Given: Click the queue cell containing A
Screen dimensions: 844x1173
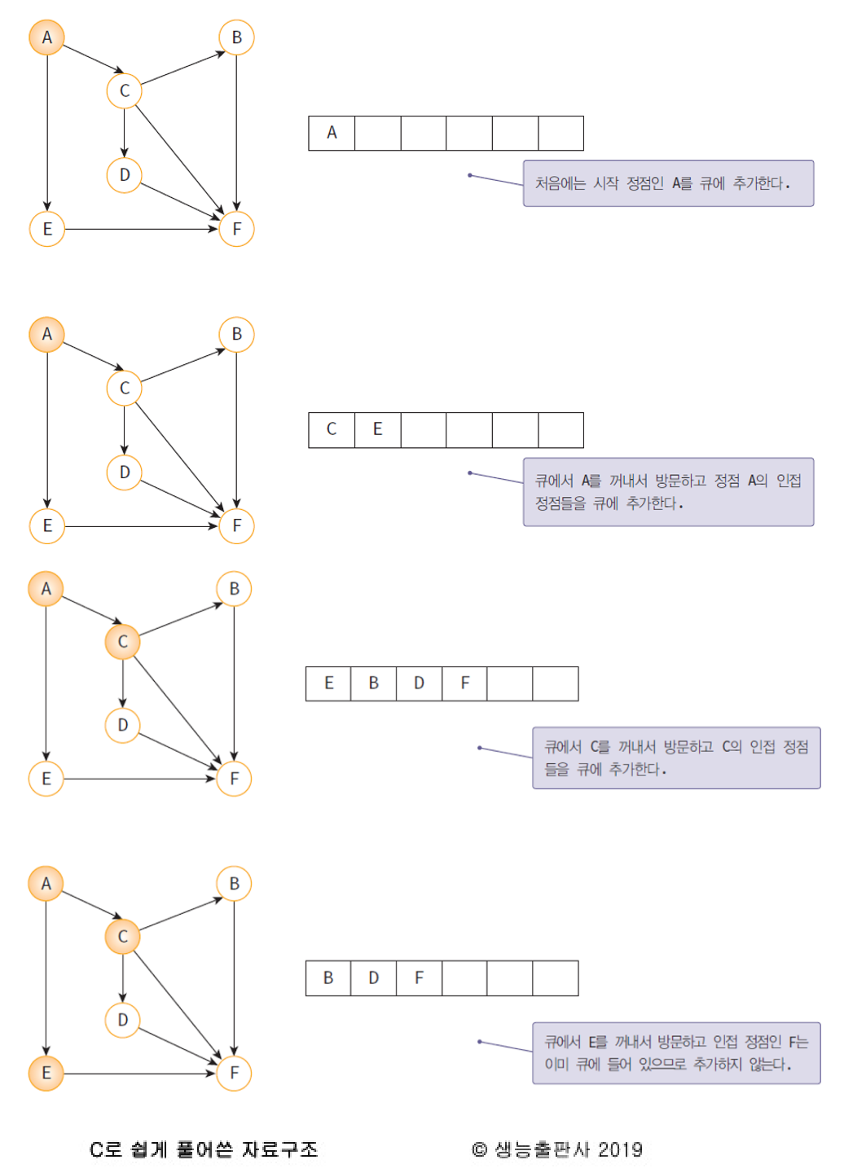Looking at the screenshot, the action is [332, 133].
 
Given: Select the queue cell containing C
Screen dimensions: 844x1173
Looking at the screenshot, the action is [332, 429].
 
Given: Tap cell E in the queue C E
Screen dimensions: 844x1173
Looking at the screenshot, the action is [377, 429].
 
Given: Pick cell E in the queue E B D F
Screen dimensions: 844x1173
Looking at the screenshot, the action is [328, 683].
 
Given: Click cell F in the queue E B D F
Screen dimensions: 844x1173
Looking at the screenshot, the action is [464, 683].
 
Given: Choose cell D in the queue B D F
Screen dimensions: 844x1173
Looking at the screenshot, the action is [373, 977].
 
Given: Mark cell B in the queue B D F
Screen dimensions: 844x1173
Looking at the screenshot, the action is [328, 977].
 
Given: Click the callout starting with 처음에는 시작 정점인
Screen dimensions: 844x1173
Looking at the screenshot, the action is [668, 183].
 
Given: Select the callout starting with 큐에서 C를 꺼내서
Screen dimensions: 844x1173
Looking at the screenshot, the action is [676, 758].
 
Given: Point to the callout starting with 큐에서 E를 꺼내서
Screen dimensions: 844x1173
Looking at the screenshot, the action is [676, 1052].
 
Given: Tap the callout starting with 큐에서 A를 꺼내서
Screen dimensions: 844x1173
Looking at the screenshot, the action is [668, 492].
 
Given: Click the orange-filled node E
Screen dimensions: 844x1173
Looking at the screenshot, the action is [46, 1073].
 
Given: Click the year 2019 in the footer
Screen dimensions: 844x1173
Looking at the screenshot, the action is [620, 1149].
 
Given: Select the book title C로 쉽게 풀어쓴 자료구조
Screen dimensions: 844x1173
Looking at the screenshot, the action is [204, 1149].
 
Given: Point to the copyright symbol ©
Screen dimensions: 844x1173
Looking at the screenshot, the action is [479, 1149].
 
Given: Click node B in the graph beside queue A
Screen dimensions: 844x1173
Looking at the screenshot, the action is [236, 37].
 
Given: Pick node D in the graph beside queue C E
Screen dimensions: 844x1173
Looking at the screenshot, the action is [124, 472].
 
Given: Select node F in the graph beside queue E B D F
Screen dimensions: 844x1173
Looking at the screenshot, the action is [234, 779].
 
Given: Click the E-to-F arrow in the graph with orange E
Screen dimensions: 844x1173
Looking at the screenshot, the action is [138, 1074].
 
